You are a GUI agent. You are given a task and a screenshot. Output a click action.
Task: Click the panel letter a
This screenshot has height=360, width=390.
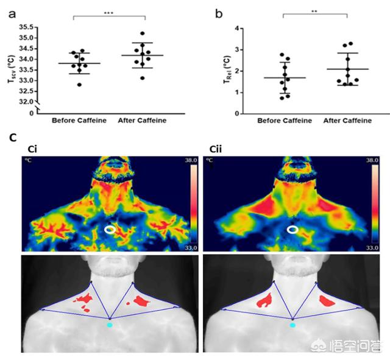click(12, 12)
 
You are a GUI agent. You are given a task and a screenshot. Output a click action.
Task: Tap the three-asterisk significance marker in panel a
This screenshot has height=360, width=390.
click(109, 12)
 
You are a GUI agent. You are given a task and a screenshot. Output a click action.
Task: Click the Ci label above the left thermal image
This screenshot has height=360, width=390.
click(29, 149)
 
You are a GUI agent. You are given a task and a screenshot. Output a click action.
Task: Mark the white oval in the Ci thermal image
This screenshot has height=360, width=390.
click(110, 230)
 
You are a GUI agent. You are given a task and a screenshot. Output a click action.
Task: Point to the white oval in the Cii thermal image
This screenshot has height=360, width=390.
click(293, 230)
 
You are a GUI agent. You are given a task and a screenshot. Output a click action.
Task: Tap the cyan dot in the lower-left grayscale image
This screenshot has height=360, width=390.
click(110, 325)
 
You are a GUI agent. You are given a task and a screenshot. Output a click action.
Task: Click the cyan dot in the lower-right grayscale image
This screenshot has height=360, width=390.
click(293, 325)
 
